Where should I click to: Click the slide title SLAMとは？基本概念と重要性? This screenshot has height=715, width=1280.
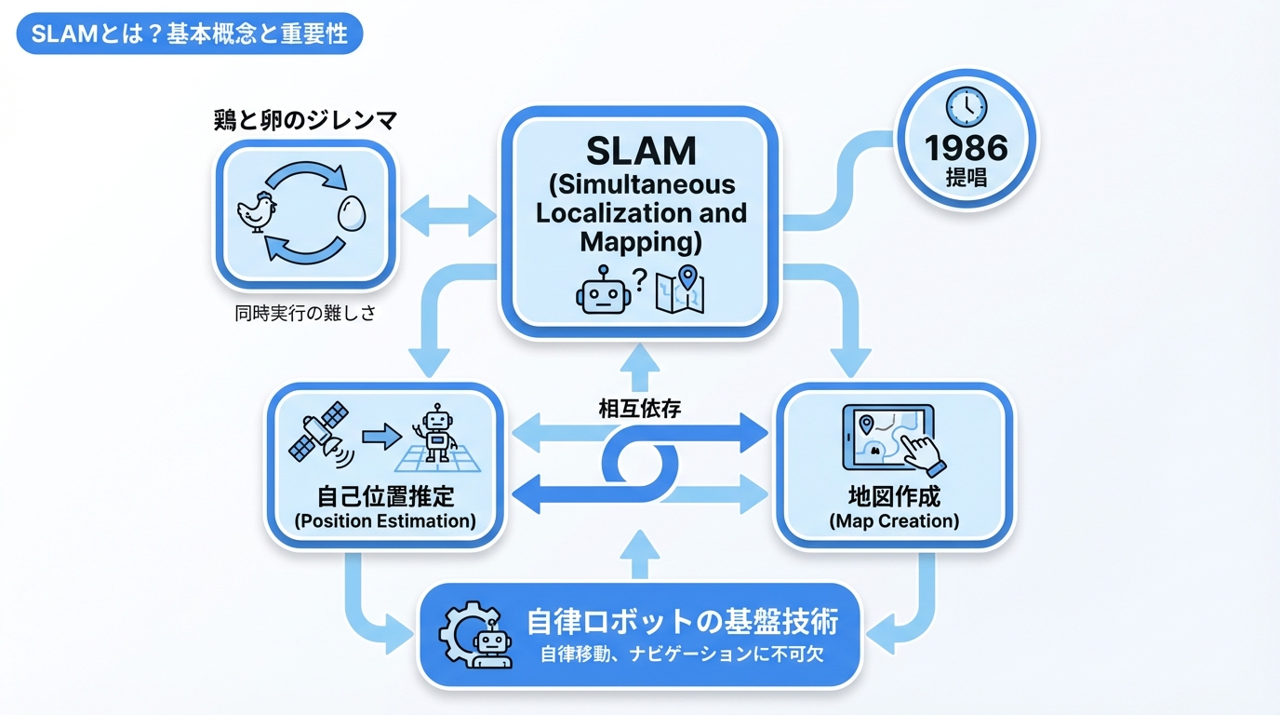point(189,34)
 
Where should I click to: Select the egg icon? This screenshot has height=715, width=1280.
point(353,213)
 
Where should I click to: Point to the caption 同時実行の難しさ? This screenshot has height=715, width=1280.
point(305,314)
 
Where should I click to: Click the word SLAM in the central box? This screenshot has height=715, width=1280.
point(640,150)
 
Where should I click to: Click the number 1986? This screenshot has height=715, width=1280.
point(966,148)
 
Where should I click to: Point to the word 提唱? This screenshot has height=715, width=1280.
point(967,177)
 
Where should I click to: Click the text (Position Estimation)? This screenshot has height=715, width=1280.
point(385,520)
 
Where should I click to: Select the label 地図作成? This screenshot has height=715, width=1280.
point(894,494)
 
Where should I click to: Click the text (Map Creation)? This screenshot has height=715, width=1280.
point(894,520)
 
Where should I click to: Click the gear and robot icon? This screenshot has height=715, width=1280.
point(476,633)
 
